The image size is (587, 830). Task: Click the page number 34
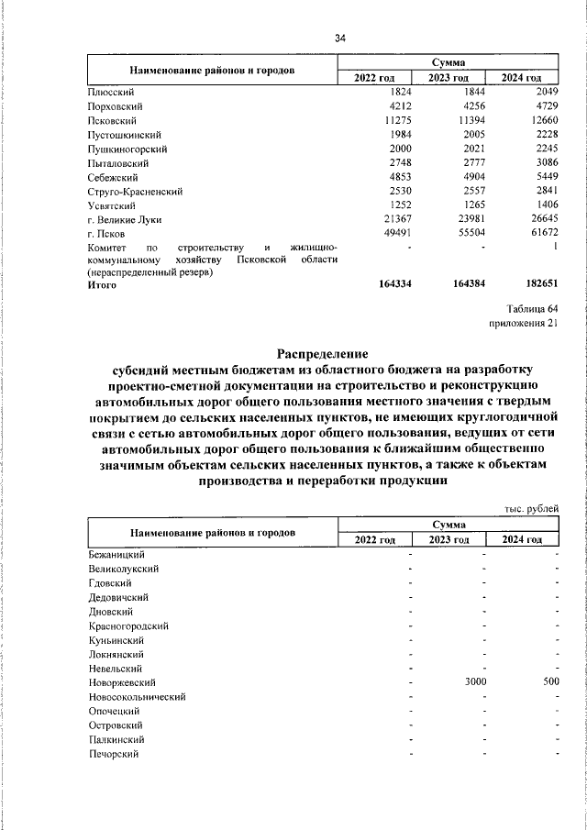click(341, 39)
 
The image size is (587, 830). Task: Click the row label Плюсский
click(112, 93)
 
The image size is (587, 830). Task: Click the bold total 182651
click(538, 286)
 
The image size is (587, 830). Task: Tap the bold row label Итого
click(103, 286)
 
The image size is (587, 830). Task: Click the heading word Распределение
click(322, 353)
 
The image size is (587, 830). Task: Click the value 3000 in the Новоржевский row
click(474, 682)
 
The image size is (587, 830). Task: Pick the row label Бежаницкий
click(116, 554)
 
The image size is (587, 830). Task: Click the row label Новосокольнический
click(138, 696)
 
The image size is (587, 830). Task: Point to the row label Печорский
click(114, 753)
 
